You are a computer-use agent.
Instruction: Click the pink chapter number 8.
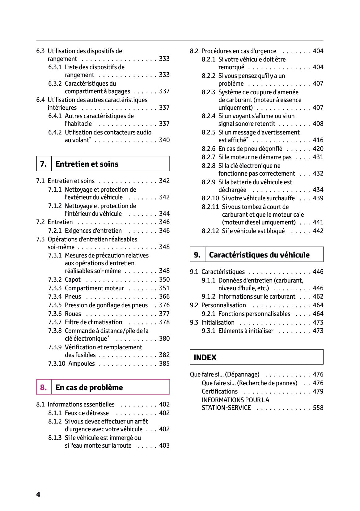(43, 387)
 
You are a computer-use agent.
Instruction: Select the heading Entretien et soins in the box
(87, 164)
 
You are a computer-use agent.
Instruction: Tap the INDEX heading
(205, 357)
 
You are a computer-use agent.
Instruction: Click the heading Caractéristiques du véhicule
(259, 255)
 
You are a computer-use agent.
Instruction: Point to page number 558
(318, 407)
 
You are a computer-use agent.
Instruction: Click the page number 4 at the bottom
(38, 494)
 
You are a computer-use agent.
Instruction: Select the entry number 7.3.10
(57, 364)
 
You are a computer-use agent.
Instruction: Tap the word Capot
(73, 279)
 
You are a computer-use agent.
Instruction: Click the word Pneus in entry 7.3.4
(73, 296)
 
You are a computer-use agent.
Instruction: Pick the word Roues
(73, 313)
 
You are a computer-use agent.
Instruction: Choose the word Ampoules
(82, 364)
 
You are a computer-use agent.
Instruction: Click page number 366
(164, 296)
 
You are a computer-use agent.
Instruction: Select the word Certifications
(220, 391)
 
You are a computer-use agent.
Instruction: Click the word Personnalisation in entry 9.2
(224, 305)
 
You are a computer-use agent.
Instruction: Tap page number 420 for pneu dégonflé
(318, 149)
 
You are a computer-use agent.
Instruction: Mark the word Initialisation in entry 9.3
(218, 322)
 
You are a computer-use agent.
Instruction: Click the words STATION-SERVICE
(226, 407)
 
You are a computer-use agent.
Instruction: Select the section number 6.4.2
(55, 132)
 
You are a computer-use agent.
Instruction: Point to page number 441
(318, 222)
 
